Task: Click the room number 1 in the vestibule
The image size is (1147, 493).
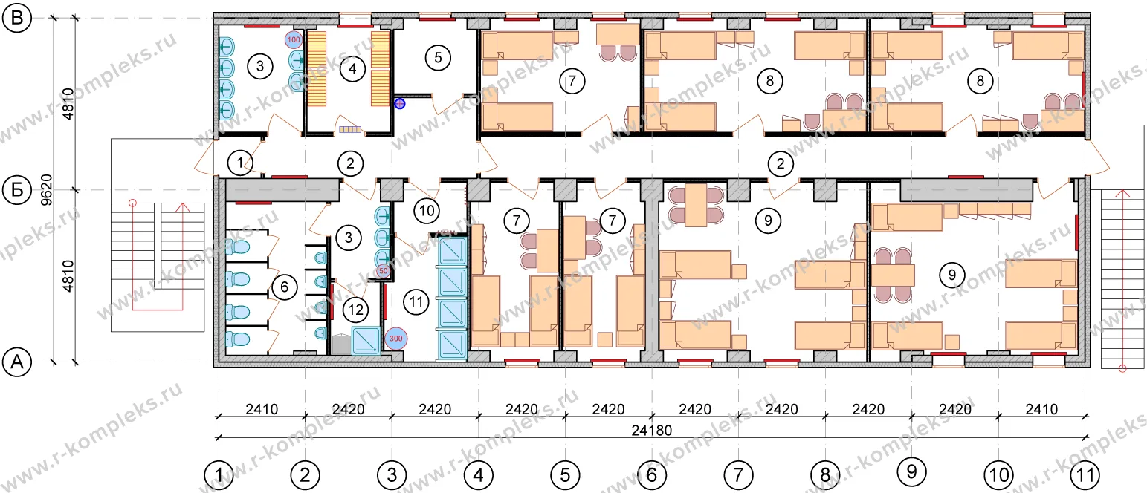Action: click(240, 163)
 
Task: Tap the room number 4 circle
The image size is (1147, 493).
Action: click(352, 68)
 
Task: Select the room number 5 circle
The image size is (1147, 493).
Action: click(438, 58)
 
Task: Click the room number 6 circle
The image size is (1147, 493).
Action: click(284, 287)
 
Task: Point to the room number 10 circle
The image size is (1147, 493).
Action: click(427, 211)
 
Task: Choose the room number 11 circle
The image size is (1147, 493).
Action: click(416, 301)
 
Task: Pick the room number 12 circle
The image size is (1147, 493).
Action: click(355, 310)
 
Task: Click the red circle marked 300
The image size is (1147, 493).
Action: click(395, 339)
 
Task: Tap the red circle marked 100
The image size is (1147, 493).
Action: click(294, 39)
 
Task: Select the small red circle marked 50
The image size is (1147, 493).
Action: click(383, 271)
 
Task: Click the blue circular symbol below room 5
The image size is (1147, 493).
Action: click(400, 104)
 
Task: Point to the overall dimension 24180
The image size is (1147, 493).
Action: click(651, 431)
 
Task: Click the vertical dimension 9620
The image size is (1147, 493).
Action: click(47, 190)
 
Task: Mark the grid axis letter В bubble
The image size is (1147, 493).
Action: click(17, 18)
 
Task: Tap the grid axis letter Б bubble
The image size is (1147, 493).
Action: click(17, 190)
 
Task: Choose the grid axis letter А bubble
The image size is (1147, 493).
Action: click(17, 362)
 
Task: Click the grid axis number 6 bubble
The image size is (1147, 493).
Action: click(651, 475)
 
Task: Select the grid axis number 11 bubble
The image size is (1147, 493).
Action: click(1085, 475)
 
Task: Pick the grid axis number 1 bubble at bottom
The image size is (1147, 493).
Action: click(219, 475)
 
